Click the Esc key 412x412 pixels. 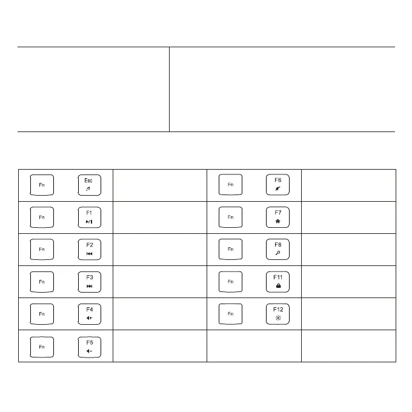click(x=88, y=185)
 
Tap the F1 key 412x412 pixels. click(x=88, y=217)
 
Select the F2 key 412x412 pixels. click(x=88, y=249)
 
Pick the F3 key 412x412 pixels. click(x=88, y=281)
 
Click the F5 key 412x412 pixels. click(x=88, y=346)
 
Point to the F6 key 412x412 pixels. click(x=277, y=185)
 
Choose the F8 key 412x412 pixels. click(x=277, y=249)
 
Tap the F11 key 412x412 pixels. click(x=277, y=281)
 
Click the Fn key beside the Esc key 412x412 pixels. click(x=41, y=185)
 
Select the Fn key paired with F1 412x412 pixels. click(x=41, y=217)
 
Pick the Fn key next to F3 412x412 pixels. click(x=41, y=281)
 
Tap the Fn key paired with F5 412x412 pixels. click(x=41, y=346)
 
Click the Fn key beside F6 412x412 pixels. click(x=230, y=185)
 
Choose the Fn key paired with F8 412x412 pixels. click(x=230, y=249)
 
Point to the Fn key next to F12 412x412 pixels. click(x=230, y=314)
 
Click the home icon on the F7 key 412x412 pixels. click(x=277, y=222)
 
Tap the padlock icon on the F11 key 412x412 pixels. click(x=277, y=286)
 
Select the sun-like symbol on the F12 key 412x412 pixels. click(x=277, y=319)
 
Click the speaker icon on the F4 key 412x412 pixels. click(x=88, y=319)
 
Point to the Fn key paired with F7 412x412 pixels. click(x=230, y=217)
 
